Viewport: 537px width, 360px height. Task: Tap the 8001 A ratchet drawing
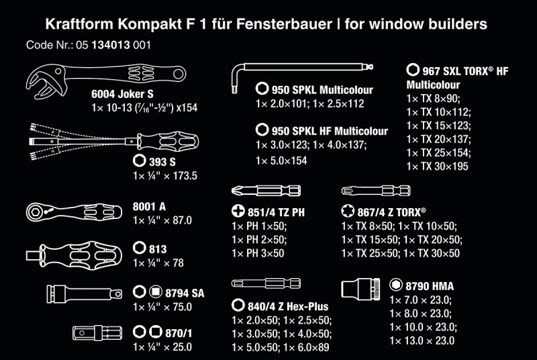74,212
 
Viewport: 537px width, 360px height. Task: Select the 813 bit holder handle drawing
74,255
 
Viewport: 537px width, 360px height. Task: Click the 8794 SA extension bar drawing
85,294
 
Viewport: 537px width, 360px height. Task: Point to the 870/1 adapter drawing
97,332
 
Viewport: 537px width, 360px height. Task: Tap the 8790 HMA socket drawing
360,289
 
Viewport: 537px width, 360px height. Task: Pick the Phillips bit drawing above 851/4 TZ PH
266,191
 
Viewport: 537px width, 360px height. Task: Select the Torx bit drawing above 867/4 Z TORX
376,191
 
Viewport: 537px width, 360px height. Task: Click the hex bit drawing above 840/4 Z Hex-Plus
266,283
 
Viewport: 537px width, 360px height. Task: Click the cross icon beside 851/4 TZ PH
238,211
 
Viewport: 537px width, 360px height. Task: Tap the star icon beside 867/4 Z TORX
348,211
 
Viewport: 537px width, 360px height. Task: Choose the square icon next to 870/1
156,332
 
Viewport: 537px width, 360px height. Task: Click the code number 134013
111,45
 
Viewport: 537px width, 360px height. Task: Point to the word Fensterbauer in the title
284,24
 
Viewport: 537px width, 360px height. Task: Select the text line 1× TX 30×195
438,167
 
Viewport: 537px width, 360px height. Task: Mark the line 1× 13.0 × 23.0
422,341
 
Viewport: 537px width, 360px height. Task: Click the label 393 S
162,162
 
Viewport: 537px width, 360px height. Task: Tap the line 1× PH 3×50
258,253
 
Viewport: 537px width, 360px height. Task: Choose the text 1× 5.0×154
281,161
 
